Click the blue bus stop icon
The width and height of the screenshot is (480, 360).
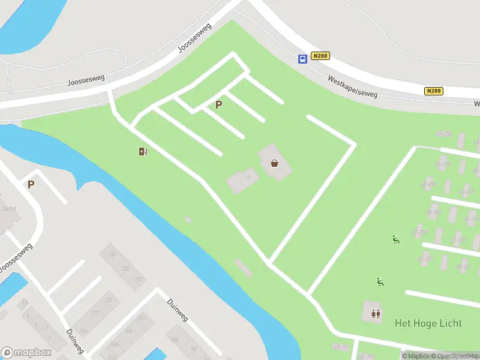[303, 58]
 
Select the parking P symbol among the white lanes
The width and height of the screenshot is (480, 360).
[219, 104]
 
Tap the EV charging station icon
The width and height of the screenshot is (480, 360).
[143, 151]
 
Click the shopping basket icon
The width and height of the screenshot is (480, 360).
[274, 162]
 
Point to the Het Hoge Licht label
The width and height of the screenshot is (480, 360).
[428, 323]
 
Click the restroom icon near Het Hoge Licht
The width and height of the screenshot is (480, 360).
[376, 313]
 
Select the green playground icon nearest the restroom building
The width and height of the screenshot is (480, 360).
[380, 281]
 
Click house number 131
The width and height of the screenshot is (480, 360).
[112, 254]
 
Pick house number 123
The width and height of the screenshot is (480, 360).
[139, 280]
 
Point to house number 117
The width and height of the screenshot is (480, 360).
[94, 313]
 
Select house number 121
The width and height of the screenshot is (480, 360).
[109, 300]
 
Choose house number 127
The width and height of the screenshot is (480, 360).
[125, 268]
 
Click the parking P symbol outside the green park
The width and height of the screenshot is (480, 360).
[31, 184]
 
